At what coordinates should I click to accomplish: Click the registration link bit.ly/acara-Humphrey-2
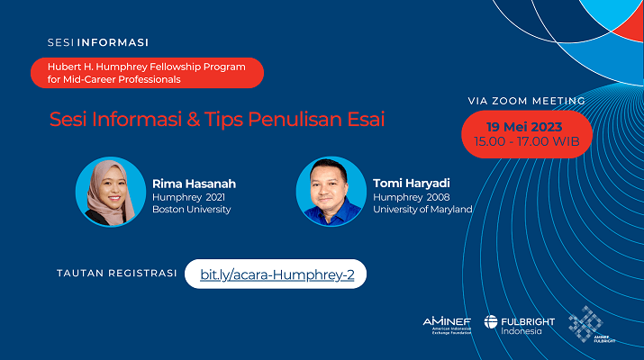[277, 274]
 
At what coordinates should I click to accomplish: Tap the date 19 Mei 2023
[524, 127]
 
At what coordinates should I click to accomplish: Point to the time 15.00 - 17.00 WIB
[527, 141]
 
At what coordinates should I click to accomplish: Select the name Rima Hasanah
[194, 184]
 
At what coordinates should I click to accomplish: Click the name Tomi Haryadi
[411, 184]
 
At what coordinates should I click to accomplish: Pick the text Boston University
[191, 210]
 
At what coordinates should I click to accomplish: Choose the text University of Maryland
[422, 210]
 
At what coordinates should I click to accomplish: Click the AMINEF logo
[447, 325]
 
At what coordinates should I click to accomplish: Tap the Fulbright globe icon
[491, 322]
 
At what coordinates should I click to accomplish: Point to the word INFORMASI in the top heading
[113, 42]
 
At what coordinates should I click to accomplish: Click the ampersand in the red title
[193, 120]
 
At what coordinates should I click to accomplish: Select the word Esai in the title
[366, 120]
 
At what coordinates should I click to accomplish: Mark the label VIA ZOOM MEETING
[527, 101]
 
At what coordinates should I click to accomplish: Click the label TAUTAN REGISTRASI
[117, 274]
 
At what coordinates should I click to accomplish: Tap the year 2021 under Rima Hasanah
[215, 197]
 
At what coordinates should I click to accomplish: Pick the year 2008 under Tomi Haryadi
[439, 197]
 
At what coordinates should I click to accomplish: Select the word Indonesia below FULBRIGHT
[522, 331]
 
